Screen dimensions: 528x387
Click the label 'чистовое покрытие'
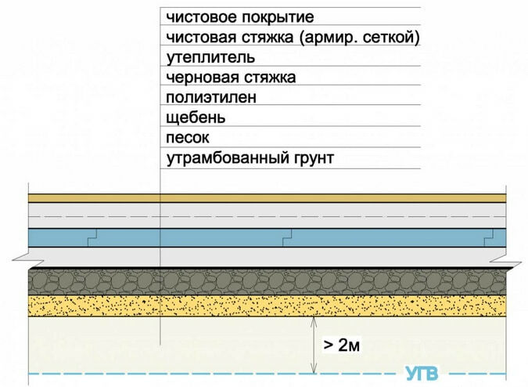click(x=240, y=17)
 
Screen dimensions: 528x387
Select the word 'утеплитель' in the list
click(x=210, y=58)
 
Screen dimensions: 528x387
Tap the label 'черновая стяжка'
click(x=231, y=78)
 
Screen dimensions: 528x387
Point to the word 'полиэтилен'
click(x=211, y=97)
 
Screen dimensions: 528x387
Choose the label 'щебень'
click(x=196, y=118)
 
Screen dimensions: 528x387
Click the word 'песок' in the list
click(x=188, y=138)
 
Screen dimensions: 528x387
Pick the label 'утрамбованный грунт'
click(x=250, y=157)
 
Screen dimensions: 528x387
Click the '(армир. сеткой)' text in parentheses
click(x=359, y=38)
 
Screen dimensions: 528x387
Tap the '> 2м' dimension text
click(x=342, y=345)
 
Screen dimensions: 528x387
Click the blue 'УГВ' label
click(x=422, y=374)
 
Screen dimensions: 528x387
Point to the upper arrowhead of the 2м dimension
click(x=314, y=320)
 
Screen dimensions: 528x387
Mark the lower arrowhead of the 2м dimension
click(x=314, y=370)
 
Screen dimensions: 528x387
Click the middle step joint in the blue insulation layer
click(x=287, y=237)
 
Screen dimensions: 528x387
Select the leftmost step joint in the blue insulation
click(x=92, y=237)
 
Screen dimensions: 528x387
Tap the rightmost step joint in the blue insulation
click(x=489, y=237)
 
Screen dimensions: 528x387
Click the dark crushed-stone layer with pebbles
click(x=267, y=282)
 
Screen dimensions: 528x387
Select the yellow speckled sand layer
click(x=267, y=306)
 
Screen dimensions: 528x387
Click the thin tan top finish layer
click(x=267, y=198)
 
